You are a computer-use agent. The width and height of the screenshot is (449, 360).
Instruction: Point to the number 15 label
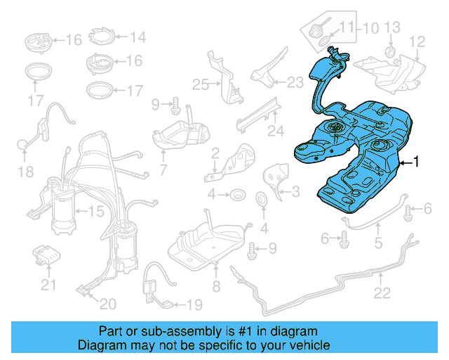click(95, 211)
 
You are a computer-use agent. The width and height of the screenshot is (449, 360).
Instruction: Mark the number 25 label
click(201, 85)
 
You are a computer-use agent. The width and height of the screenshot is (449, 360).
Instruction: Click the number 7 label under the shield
click(163, 170)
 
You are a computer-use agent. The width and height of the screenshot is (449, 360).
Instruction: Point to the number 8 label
click(216, 286)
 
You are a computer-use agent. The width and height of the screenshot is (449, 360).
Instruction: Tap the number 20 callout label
click(107, 304)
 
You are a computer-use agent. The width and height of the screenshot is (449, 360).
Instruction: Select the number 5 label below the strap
click(378, 244)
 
